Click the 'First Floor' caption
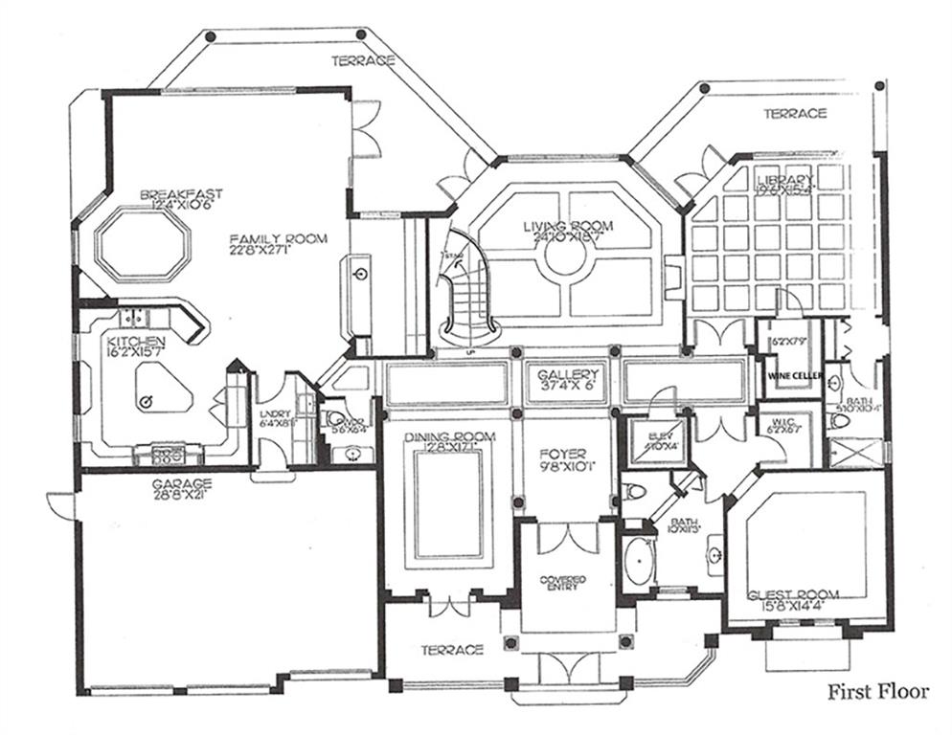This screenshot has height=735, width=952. [x=877, y=692]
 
